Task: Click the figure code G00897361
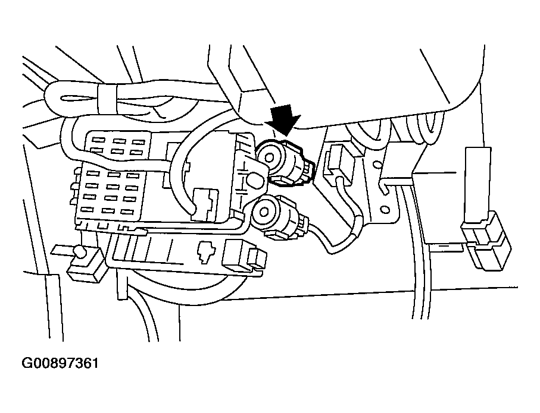point(60,362)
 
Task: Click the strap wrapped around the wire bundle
point(108,97)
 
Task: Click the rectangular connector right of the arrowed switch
point(336,162)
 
